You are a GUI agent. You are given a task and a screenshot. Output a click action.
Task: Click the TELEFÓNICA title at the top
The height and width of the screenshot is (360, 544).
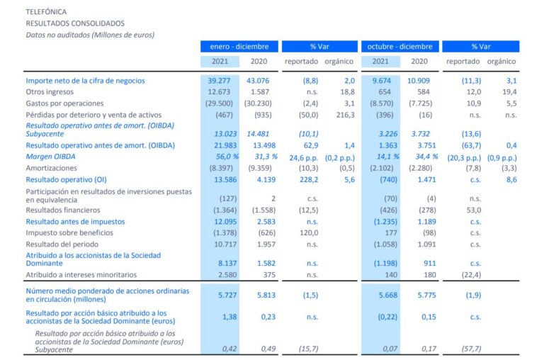click(46, 12)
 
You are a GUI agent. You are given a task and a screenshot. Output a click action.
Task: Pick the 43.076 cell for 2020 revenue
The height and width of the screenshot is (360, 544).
click(262, 81)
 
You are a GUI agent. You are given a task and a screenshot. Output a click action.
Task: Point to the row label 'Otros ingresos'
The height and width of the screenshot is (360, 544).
click(50, 92)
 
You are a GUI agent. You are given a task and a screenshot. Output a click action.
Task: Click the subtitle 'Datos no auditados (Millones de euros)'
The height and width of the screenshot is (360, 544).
click(90, 34)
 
